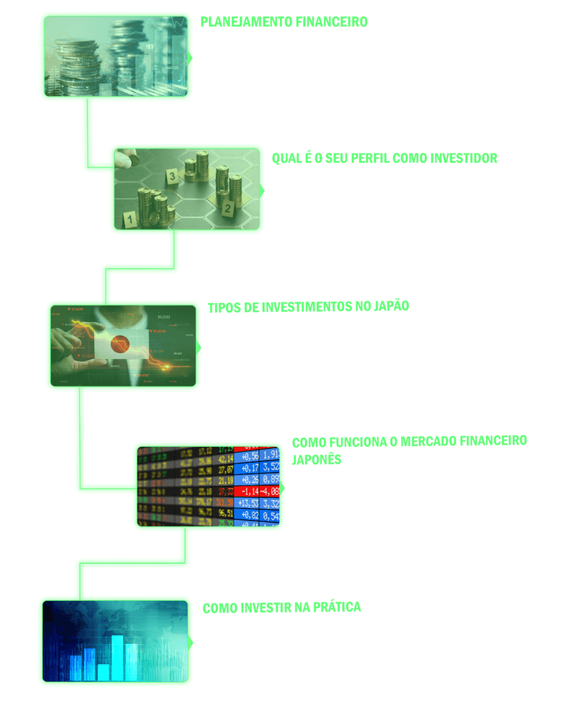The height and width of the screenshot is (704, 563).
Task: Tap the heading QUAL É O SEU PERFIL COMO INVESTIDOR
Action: click(384, 159)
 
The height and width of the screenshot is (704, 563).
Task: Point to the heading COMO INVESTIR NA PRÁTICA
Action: click(282, 608)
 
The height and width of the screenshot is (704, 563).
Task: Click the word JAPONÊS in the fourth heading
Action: click(317, 459)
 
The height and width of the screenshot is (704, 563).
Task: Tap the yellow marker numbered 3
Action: click(171, 177)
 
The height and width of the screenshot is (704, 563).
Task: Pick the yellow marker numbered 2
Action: click(225, 207)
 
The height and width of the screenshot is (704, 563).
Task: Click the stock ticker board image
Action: click(208, 486)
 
